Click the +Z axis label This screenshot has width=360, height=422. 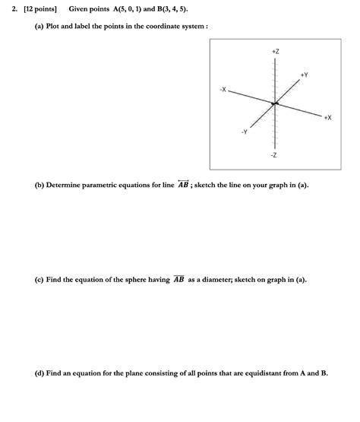[x=275, y=51]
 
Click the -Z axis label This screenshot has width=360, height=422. [x=274, y=155]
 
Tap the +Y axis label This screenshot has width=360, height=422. [x=304, y=75]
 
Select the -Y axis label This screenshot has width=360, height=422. [x=244, y=132]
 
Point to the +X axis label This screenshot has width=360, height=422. [x=327, y=118]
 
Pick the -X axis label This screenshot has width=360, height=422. [x=222, y=90]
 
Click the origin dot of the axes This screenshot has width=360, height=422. [x=275, y=103]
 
